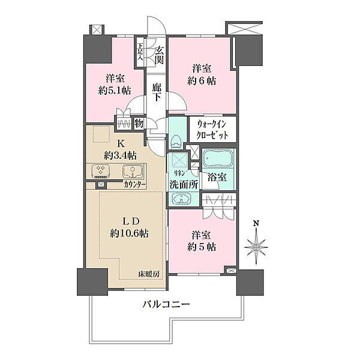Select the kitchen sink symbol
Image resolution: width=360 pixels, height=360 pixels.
pos(133,172)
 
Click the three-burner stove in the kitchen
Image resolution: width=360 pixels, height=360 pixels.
pos(101,172)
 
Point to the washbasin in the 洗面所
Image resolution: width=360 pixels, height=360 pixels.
pos(182,199)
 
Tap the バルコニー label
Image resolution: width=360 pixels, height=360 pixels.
pos(166,305)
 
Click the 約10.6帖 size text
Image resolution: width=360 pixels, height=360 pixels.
pos(129,234)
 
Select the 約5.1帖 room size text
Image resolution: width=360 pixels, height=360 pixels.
pos(115,91)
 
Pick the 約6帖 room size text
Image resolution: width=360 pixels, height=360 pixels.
pos(202,80)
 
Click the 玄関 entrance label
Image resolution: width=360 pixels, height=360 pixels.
pos(159,55)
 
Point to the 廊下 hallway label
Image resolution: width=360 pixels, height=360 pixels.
pos(157,92)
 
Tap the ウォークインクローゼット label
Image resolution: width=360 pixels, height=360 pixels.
pos(212,130)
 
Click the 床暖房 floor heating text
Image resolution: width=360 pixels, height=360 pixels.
pos(149,274)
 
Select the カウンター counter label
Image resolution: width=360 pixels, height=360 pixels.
pos(134,185)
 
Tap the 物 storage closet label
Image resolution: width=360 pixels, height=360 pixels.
pos(139,123)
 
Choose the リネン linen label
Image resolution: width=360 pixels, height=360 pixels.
pos(179,173)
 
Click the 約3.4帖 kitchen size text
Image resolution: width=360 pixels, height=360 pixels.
pos(121,156)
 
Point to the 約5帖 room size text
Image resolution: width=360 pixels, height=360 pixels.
pos(202,247)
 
